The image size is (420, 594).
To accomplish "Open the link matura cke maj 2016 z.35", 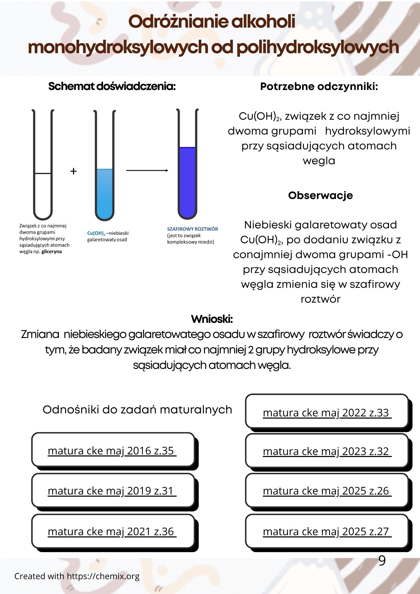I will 112,451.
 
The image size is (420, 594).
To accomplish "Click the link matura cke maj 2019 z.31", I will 112,491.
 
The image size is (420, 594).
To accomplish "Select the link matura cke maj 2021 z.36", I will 112,531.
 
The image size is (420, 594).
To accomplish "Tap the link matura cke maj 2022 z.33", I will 327,413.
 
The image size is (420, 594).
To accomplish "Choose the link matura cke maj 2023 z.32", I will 327,451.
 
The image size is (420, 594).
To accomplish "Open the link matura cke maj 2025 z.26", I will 327,491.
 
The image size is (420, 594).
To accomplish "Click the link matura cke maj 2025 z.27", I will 327,531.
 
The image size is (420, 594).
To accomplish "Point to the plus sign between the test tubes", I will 73,171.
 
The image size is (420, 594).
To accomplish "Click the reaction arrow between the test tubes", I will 147,170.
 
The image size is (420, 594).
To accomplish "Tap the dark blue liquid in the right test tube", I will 187,181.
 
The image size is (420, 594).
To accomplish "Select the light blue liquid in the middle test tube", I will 105,193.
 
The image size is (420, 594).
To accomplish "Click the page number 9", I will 382,560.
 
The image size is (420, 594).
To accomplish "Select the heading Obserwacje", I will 320,195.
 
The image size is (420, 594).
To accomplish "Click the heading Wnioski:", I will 212,319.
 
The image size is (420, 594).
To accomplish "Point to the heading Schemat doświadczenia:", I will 112,86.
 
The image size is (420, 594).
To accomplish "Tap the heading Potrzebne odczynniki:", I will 319,86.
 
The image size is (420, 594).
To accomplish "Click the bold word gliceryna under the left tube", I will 52,252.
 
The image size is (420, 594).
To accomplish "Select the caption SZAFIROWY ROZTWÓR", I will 192,229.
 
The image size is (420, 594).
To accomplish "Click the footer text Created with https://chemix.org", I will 77,576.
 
